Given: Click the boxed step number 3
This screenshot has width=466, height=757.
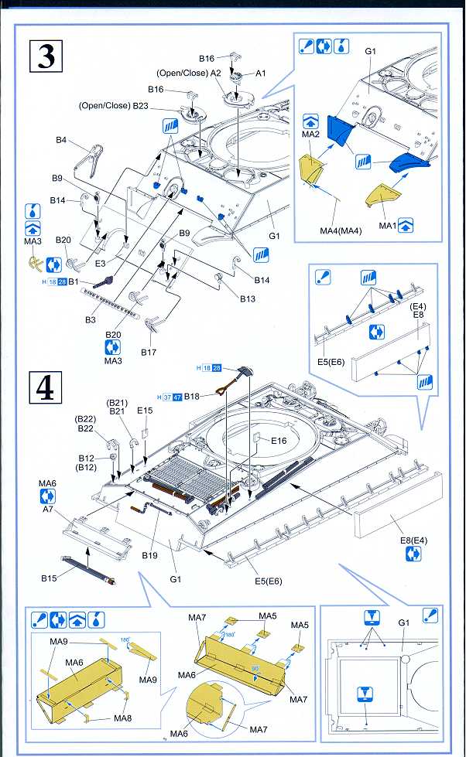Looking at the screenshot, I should [x=46, y=58].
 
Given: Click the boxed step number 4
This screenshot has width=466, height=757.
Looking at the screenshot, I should [x=46, y=388].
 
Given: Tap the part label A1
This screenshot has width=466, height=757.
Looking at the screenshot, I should [x=260, y=73].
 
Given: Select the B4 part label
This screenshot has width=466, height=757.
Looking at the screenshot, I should [x=61, y=140].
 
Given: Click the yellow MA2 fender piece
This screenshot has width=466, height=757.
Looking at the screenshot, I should [x=314, y=169].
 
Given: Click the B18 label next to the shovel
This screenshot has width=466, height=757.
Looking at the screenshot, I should [x=192, y=396].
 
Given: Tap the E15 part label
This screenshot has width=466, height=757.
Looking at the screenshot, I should [x=145, y=411].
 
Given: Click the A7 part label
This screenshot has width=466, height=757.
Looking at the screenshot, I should [x=48, y=510].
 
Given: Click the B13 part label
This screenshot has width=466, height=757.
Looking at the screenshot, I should [x=247, y=298].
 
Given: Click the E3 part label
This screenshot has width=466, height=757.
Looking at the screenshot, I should [x=101, y=263].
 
